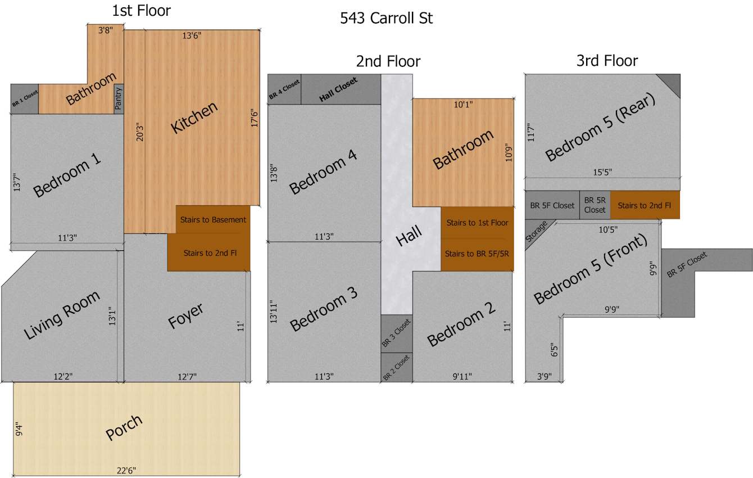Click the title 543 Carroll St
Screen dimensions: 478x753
(x=386, y=18)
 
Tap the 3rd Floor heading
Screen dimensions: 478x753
(x=607, y=61)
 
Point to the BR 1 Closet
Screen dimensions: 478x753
(x=24, y=99)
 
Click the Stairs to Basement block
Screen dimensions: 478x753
(x=213, y=219)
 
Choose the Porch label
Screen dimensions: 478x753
(x=124, y=428)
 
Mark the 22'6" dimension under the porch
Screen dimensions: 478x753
(x=126, y=470)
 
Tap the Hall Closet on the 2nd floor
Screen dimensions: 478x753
(x=338, y=90)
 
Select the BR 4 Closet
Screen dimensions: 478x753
(x=284, y=89)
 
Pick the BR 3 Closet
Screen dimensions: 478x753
(x=397, y=333)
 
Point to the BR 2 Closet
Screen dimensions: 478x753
(x=397, y=368)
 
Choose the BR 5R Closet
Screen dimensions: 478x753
(x=595, y=205)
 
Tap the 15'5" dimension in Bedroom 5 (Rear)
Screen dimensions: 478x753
(x=602, y=172)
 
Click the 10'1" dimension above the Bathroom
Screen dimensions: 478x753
(x=463, y=104)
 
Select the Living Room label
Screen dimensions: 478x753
(x=62, y=315)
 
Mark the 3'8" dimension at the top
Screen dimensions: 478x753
(x=105, y=30)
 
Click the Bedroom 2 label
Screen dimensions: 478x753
(x=461, y=324)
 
